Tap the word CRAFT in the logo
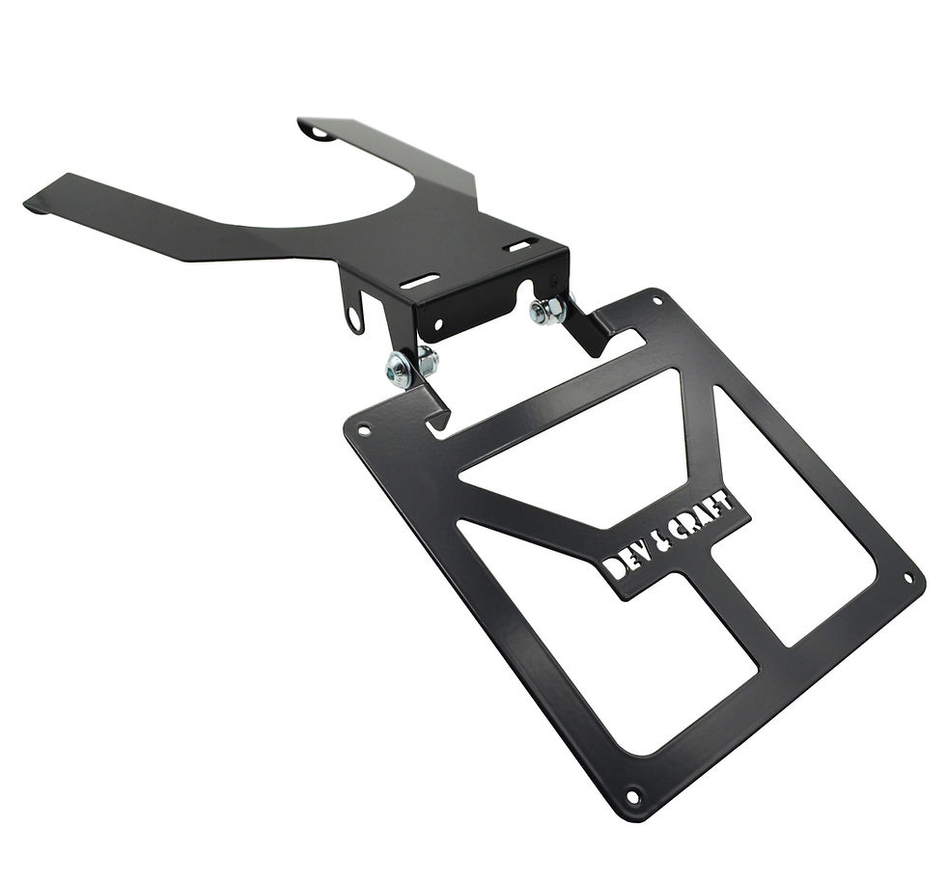click(704, 517)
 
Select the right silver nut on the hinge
click(548, 312)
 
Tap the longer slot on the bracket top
click(421, 281)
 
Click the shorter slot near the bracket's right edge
click(523, 244)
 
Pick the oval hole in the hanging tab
click(356, 319)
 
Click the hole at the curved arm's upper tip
click(320, 133)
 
